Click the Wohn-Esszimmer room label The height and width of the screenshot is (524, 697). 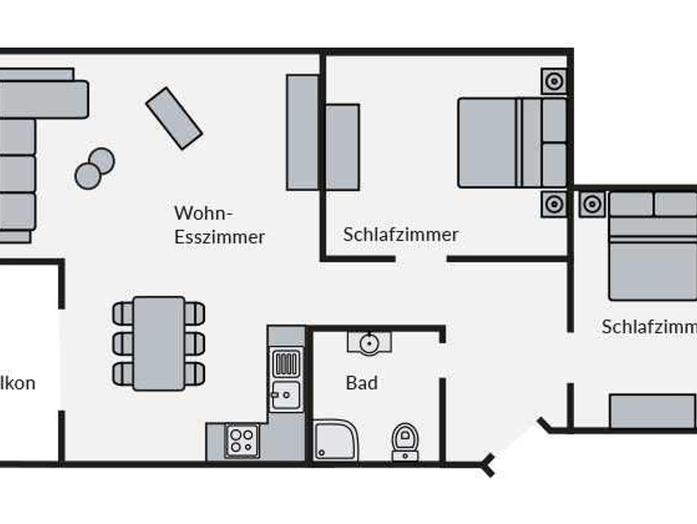(219, 225)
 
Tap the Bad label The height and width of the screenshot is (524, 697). (362, 383)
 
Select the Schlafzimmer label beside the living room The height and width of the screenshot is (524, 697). (401, 234)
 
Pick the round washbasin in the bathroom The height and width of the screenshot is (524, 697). (369, 343)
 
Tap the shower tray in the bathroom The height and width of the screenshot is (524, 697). (335, 441)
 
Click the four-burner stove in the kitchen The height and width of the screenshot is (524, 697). (242, 441)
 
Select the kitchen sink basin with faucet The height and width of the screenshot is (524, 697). (286, 395)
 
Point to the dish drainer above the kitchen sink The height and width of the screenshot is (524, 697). (286, 363)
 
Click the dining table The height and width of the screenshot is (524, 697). (159, 343)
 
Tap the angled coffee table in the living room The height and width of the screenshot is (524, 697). (174, 119)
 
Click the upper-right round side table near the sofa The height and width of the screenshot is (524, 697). (102, 160)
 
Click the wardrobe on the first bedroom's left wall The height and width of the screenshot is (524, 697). (342, 147)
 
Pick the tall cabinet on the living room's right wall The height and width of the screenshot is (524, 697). (303, 132)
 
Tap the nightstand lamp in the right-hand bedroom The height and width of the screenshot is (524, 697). (592, 204)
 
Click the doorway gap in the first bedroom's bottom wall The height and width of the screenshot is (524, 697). (421, 259)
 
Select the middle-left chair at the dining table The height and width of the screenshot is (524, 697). (123, 343)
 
